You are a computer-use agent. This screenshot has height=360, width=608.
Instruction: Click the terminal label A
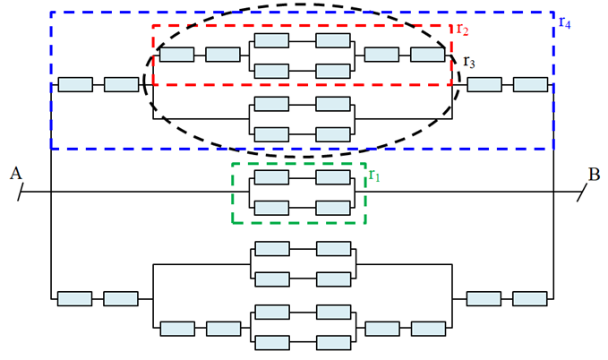(15, 173)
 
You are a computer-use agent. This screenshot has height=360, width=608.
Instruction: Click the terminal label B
(594, 173)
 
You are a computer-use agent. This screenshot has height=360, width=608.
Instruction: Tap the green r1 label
(374, 174)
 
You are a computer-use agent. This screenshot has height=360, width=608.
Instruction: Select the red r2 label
(462, 29)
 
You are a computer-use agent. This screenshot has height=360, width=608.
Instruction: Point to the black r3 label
(469, 62)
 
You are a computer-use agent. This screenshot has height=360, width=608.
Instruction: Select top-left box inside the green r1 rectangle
(271, 177)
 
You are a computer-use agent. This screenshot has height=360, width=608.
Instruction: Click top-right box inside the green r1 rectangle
(332, 177)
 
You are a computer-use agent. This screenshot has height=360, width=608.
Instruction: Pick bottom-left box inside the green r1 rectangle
(271, 207)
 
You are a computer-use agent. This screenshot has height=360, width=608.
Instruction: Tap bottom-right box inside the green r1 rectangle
(332, 207)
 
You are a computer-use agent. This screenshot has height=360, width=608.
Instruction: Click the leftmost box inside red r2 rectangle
(176, 55)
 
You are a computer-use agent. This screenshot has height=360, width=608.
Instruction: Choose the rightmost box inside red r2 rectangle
(428, 55)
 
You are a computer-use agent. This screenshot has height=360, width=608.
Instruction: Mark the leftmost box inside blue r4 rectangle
(75, 84)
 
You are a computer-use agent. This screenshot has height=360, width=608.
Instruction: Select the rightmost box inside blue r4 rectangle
(530, 84)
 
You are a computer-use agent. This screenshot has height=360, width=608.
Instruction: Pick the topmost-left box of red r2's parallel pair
(271, 40)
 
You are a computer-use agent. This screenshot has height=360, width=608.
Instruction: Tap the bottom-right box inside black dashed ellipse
(332, 133)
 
